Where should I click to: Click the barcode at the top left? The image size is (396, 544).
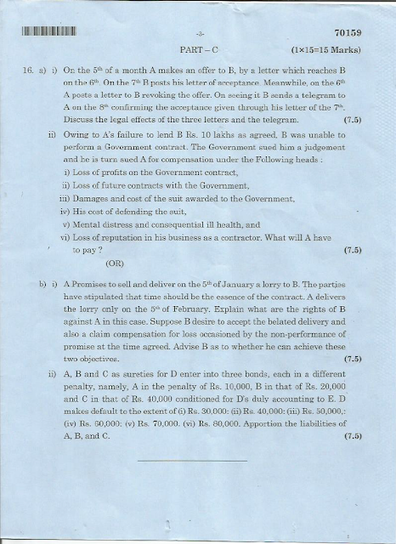48,33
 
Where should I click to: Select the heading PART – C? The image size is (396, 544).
198,52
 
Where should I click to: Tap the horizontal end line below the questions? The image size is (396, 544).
191,461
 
